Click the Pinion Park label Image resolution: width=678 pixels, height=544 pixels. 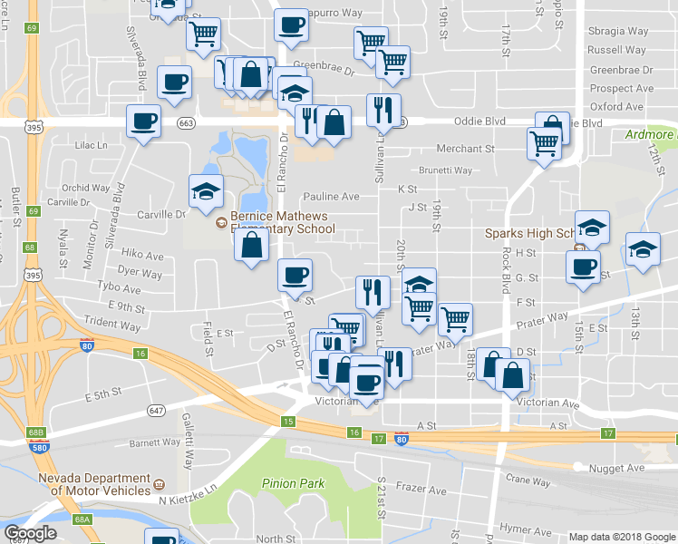(293, 483)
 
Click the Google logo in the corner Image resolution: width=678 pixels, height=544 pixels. (30, 533)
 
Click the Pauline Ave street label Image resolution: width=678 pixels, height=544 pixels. (331, 196)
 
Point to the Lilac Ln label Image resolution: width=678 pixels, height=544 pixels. (92, 145)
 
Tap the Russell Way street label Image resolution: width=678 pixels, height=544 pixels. (616, 50)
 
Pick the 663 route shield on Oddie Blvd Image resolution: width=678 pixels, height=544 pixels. (187, 121)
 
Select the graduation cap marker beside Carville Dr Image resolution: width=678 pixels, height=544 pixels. (206, 191)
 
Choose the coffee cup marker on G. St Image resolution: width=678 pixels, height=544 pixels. (583, 267)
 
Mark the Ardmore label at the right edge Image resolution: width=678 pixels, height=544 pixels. (651, 135)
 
